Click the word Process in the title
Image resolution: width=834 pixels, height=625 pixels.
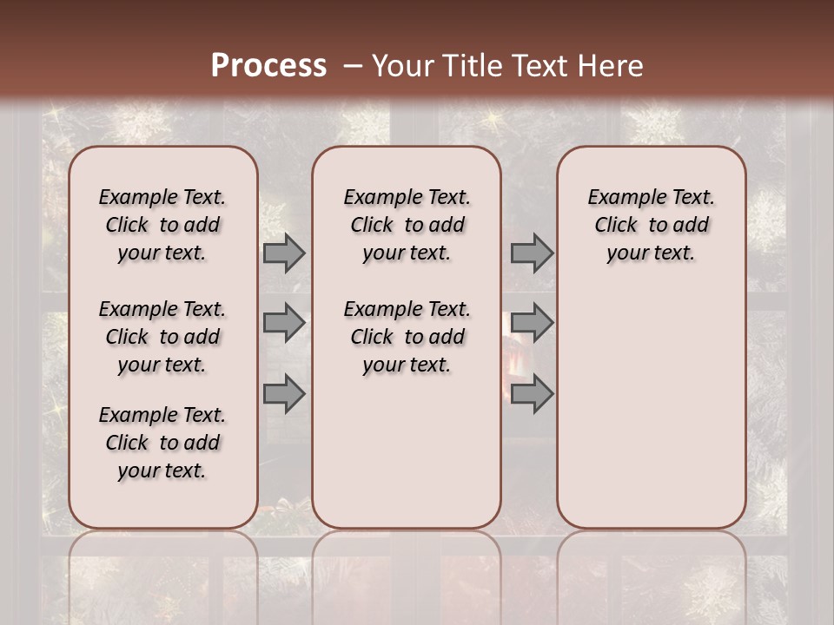coord(268,65)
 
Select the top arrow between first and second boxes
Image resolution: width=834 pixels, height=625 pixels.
coord(284,253)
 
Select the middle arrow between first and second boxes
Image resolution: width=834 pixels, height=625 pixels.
coord(284,323)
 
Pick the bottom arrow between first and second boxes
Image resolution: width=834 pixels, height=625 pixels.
coord(284,394)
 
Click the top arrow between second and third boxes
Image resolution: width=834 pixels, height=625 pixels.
coord(532,253)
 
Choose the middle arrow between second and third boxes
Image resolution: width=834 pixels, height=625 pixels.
coord(532,323)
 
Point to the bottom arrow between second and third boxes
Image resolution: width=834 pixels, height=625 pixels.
coord(532,394)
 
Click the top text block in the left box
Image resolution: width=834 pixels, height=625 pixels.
coord(162,225)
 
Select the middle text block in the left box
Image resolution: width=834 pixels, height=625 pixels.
coord(162,337)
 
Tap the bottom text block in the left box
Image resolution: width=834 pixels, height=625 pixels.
coord(162,443)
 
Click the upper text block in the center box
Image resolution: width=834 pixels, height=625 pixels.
coord(407,225)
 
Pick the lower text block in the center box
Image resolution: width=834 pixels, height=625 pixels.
coord(407,337)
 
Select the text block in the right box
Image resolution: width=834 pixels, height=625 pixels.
coord(652,225)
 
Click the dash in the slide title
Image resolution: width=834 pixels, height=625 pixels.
coord(352,66)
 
